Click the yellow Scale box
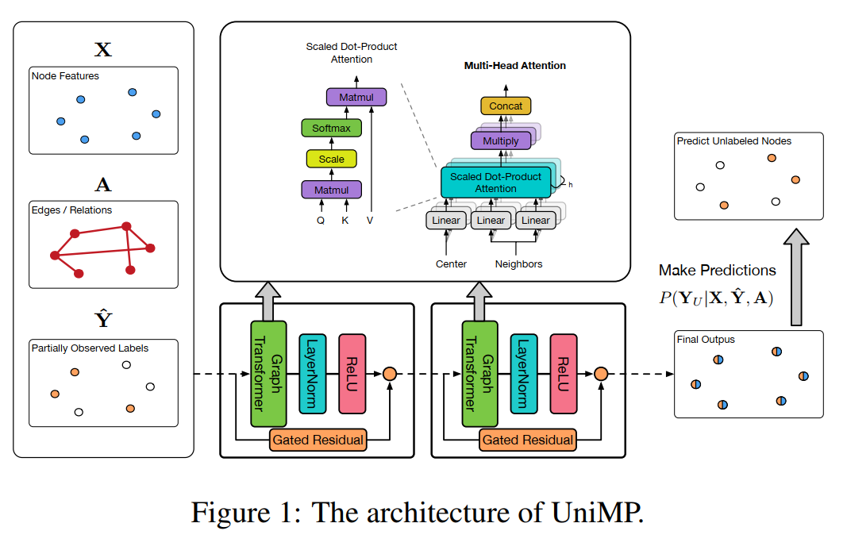click(331, 159)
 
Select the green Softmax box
click(331, 128)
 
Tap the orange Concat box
click(506, 106)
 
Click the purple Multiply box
click(500, 141)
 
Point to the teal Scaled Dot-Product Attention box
click(495, 183)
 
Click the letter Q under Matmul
click(320, 221)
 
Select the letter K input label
click(345, 221)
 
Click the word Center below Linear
click(451, 263)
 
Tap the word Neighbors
click(518, 263)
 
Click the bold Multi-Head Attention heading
click(514, 66)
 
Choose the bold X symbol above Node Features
click(103, 50)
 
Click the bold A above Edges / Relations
click(103, 185)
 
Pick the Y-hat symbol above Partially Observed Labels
click(103, 320)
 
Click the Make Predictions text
click(717, 271)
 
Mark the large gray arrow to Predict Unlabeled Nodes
click(795, 277)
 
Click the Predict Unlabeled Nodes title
click(733, 141)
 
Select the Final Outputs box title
click(706, 340)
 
